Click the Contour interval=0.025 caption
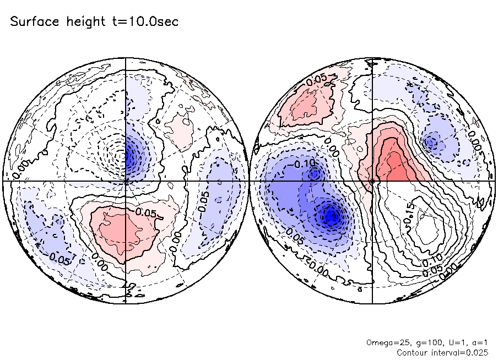(442, 352)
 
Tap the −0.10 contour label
(302, 164)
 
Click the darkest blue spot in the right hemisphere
(331, 216)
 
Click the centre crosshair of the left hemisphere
(126, 180)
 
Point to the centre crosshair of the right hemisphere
(372, 180)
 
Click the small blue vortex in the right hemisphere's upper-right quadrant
(431, 143)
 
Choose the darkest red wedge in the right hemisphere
(395, 165)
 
